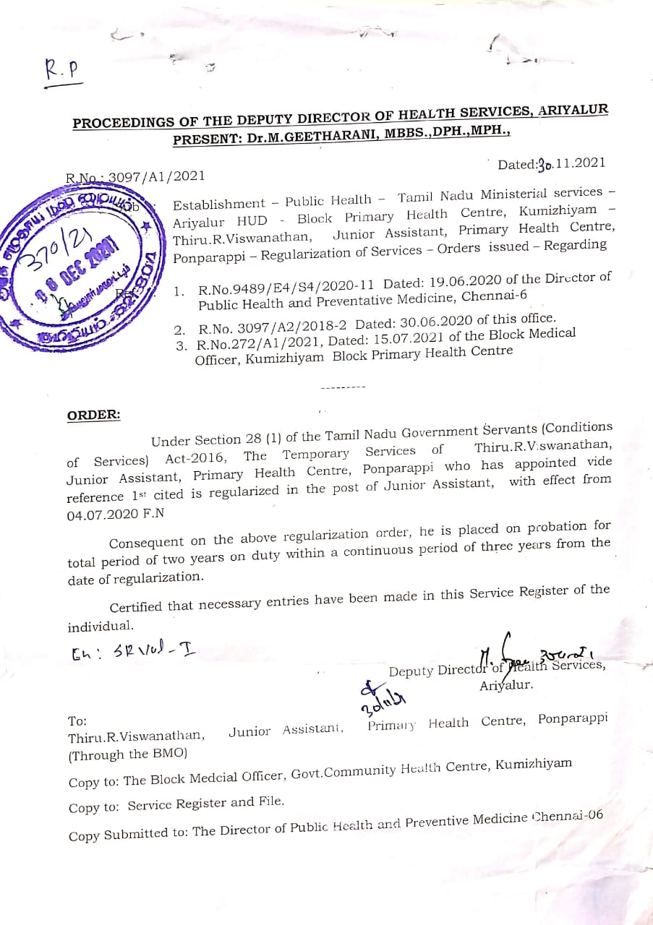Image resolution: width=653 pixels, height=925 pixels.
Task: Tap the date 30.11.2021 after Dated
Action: coord(571,164)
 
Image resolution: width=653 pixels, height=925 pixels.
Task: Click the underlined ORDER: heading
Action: coord(94,416)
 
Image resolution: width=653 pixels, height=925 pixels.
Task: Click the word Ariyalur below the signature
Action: coord(506,685)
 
